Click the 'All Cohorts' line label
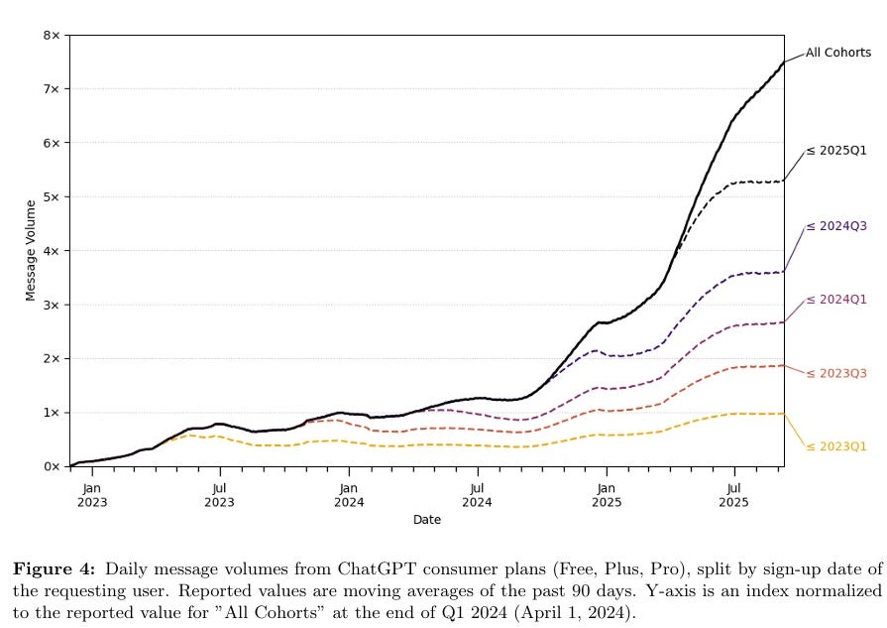pyautogui.click(x=837, y=53)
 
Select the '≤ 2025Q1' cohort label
pyautogui.click(x=837, y=150)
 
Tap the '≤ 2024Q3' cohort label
pyautogui.click(x=837, y=226)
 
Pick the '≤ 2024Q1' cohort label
pyautogui.click(x=837, y=300)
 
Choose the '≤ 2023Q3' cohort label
pyautogui.click(x=837, y=373)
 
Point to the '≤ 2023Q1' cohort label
pyautogui.click(x=837, y=446)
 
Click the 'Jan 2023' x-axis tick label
pyautogui.click(x=91, y=494)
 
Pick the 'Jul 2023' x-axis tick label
pyautogui.click(x=219, y=494)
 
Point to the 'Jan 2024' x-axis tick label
pyautogui.click(x=348, y=494)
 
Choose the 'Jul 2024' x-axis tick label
pyautogui.click(x=477, y=494)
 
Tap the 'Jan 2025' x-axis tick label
pyautogui.click(x=606, y=494)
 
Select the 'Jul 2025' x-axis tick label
pyautogui.click(x=734, y=494)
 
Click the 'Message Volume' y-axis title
pyautogui.click(x=31, y=250)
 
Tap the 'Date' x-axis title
pyautogui.click(x=427, y=520)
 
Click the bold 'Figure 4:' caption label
pyautogui.click(x=54, y=569)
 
